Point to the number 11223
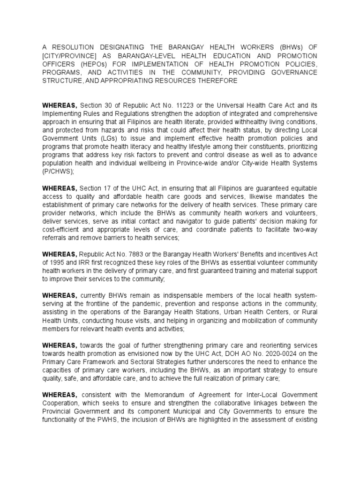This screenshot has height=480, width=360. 183,106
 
